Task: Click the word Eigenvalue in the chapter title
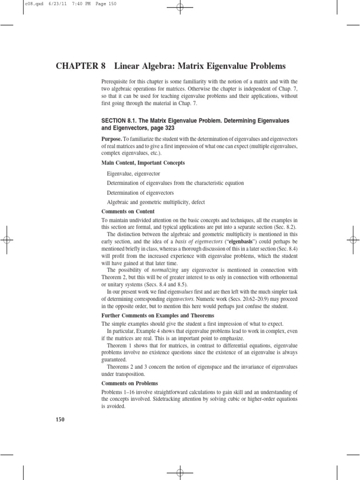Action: [x=216, y=66]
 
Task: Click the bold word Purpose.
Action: [x=112, y=140]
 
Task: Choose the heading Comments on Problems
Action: [x=130, y=383]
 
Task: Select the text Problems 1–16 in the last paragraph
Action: [x=119, y=392]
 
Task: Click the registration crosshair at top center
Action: [x=180, y=7]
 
